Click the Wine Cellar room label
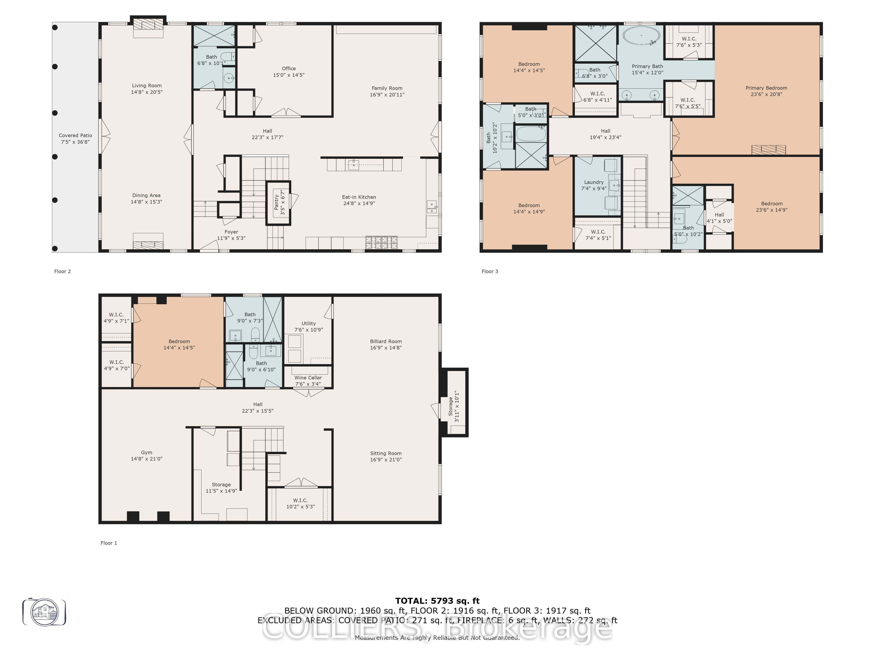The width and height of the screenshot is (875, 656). coord(308,378)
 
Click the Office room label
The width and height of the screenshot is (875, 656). coord(289,68)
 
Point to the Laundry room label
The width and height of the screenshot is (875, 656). coord(594,182)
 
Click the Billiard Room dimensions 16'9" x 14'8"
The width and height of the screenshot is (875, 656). coord(386,348)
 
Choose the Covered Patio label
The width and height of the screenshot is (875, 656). coord(75,135)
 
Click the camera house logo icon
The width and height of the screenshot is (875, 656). coord(44,612)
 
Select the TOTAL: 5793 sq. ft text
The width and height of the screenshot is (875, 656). coord(437,601)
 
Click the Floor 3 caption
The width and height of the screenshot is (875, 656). coord(490,271)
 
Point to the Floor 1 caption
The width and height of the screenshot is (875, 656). coord(109,543)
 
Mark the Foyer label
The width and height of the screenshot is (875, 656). coord(231,232)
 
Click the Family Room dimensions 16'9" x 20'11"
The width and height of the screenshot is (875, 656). coord(387,94)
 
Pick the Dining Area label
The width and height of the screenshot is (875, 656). coord(146,195)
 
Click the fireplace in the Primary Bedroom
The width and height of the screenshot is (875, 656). coord(769,150)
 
